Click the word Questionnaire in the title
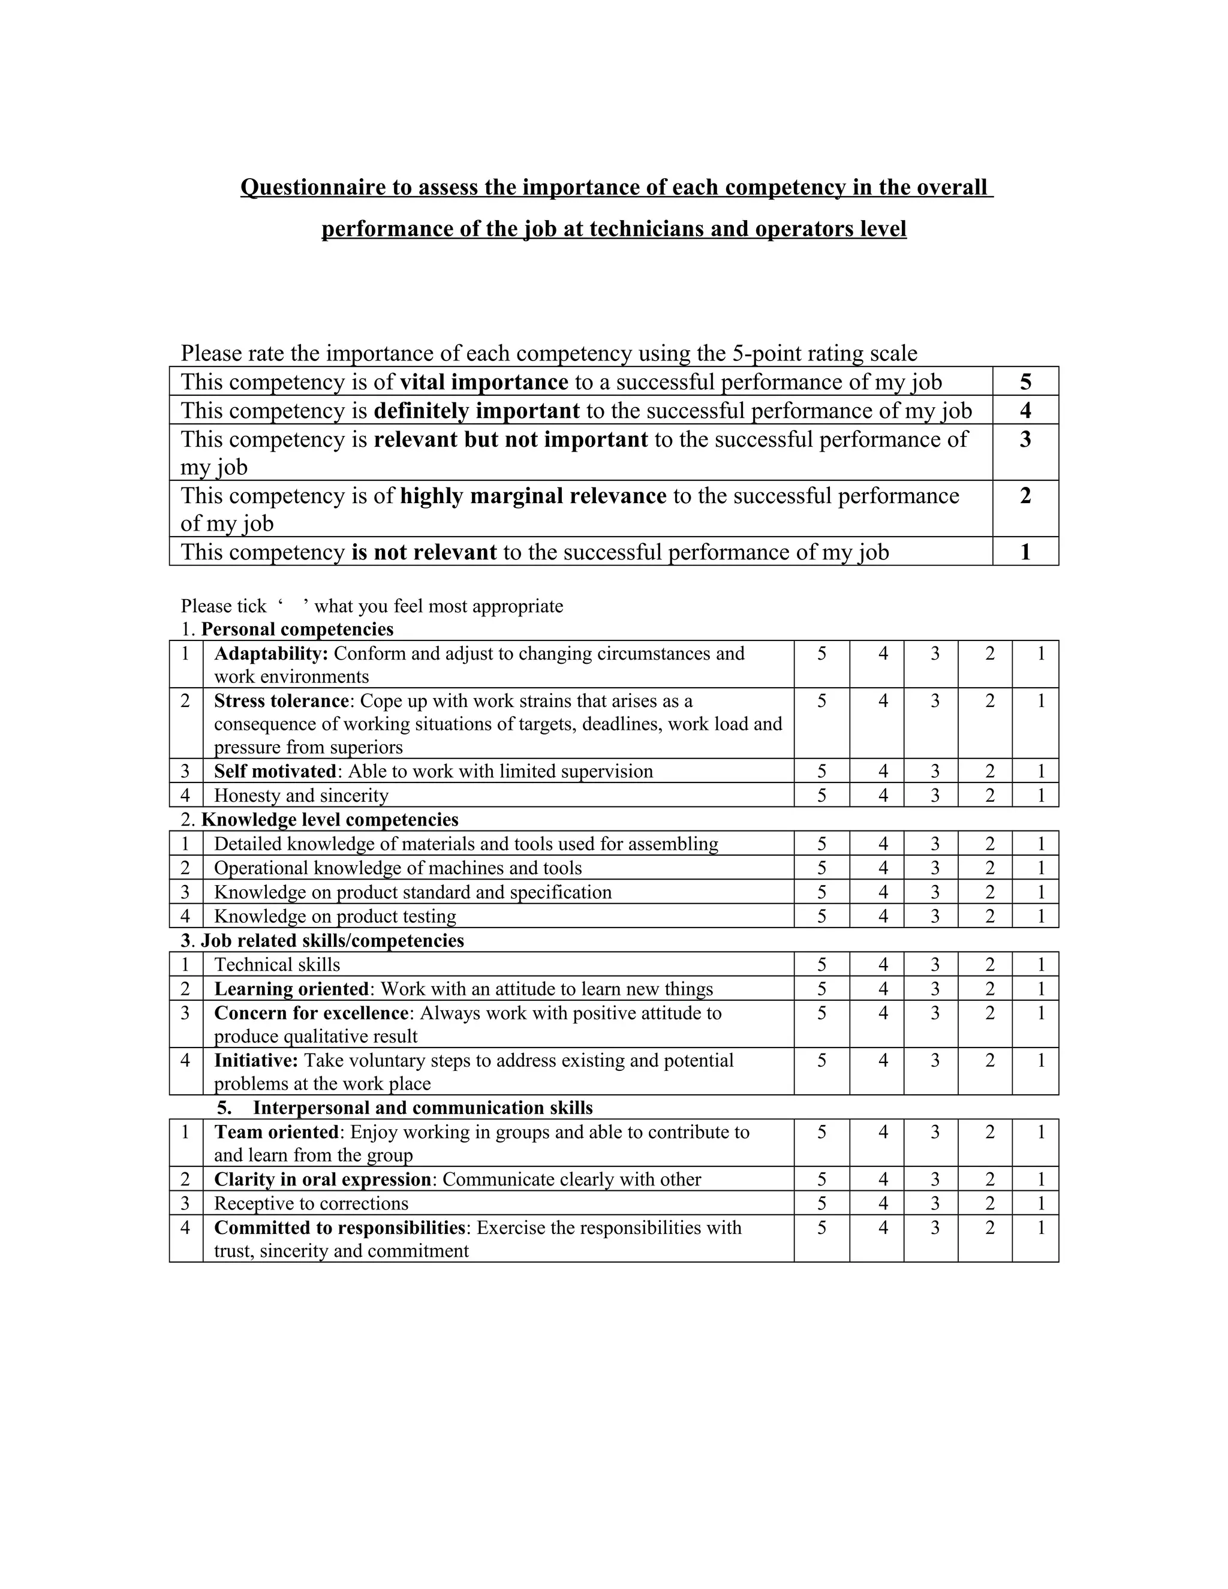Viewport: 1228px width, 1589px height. pyautogui.click(x=312, y=188)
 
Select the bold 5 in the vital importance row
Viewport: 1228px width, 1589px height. pyautogui.click(x=1025, y=382)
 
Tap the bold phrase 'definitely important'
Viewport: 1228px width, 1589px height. pyautogui.click(x=477, y=411)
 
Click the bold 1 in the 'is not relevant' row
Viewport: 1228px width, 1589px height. pyautogui.click(x=1025, y=552)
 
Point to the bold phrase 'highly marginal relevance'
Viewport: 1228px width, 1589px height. pyautogui.click(x=533, y=496)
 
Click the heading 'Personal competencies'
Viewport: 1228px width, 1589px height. pyautogui.click(x=297, y=630)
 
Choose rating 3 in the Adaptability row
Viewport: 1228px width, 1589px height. pyautogui.click(x=935, y=654)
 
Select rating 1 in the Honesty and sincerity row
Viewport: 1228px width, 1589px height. pyautogui.click(x=1041, y=796)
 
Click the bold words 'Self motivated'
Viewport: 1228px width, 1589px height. pyautogui.click(x=276, y=772)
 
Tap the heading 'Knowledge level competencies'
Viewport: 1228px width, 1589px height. pyautogui.click(x=330, y=820)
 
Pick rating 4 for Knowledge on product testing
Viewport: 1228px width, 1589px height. pyautogui.click(x=883, y=917)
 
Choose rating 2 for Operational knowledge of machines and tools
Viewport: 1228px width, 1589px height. pyautogui.click(x=989, y=869)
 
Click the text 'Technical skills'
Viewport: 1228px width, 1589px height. pyautogui.click(x=277, y=965)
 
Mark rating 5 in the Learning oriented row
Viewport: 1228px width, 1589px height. pyautogui.click(x=821, y=989)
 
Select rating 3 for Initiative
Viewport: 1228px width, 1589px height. pyautogui.click(x=935, y=1061)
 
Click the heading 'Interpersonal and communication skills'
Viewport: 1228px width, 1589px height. pyautogui.click(x=423, y=1108)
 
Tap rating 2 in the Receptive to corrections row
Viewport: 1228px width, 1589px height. pyautogui.click(x=989, y=1203)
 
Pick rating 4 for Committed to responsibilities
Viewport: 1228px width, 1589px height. pyautogui.click(x=883, y=1228)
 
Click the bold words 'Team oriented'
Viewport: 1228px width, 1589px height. pyautogui.click(x=276, y=1132)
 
